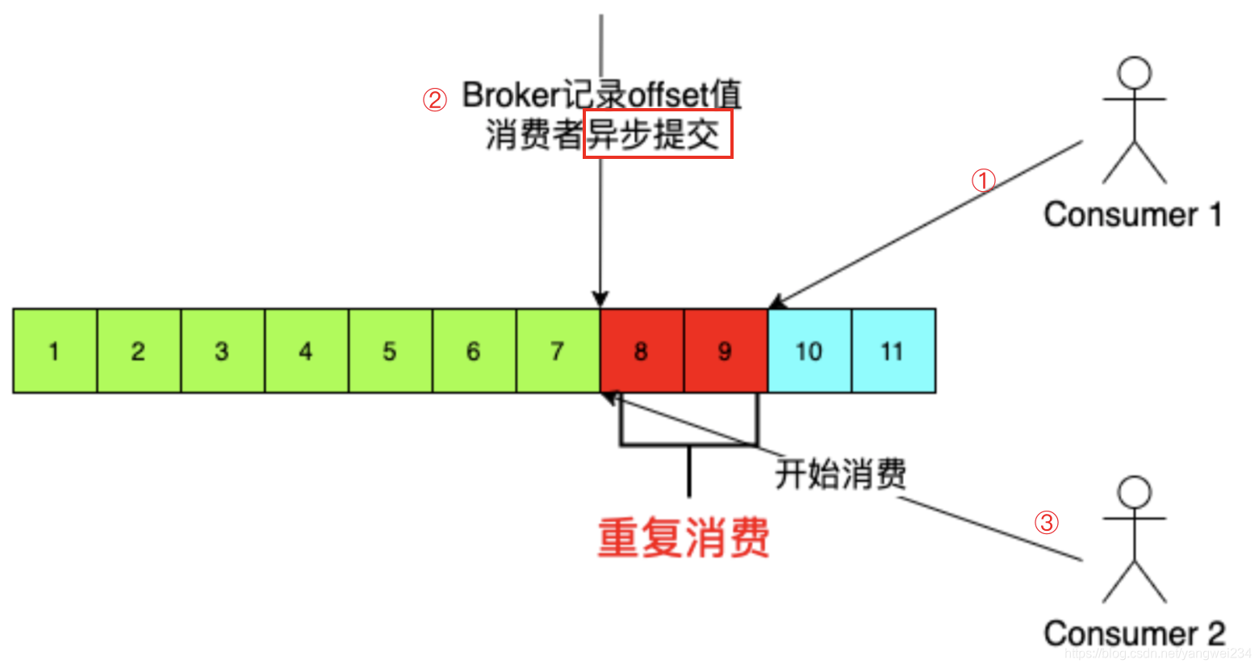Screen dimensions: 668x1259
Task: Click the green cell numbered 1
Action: point(55,351)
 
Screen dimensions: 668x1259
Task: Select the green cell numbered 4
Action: point(307,351)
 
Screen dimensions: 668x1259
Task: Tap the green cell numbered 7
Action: point(558,351)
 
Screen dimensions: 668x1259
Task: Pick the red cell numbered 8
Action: point(642,351)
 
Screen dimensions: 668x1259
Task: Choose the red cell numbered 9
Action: point(726,351)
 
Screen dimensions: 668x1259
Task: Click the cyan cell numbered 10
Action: point(809,351)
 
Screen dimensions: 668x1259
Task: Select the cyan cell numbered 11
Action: point(893,351)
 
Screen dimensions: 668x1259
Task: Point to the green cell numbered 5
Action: point(391,351)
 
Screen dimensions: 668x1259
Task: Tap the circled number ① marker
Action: point(983,180)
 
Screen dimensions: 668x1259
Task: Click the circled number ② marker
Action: point(435,100)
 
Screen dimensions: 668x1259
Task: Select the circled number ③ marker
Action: point(1047,522)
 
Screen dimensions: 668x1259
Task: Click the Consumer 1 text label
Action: point(1132,215)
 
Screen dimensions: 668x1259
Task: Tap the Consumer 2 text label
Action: point(1134,633)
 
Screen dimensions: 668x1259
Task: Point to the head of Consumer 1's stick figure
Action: point(1135,73)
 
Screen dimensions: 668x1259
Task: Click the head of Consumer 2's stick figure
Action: point(1135,491)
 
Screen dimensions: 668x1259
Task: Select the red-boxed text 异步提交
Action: point(657,134)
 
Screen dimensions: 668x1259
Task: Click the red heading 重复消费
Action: point(684,537)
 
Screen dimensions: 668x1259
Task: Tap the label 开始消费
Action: point(840,474)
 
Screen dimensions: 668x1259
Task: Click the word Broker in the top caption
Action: point(511,95)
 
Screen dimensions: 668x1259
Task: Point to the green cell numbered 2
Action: point(139,351)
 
